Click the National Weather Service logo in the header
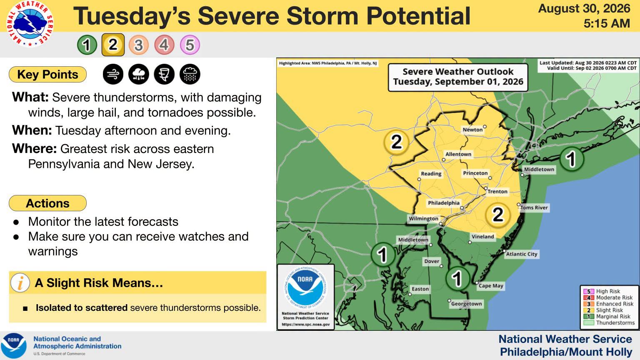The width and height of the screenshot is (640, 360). click(30, 23)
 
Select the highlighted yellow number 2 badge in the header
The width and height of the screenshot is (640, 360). click(113, 45)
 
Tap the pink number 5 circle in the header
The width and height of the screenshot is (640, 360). click(190, 45)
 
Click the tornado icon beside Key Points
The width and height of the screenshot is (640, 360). click(164, 74)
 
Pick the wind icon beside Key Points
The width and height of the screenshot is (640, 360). click(113, 74)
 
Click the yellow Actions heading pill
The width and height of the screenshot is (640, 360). click(48, 203)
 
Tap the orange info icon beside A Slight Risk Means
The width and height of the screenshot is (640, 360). click(20, 283)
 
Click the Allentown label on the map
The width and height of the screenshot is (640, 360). click(458, 154)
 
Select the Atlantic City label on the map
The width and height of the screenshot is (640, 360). click(522, 254)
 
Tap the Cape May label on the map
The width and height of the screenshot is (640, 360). click(491, 286)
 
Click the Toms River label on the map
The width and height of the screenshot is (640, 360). click(534, 208)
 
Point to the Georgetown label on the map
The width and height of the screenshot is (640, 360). click(466, 304)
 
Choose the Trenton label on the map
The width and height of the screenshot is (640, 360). click(497, 192)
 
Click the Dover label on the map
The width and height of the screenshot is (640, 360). click(432, 261)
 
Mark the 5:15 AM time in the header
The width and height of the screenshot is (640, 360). click(607, 23)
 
